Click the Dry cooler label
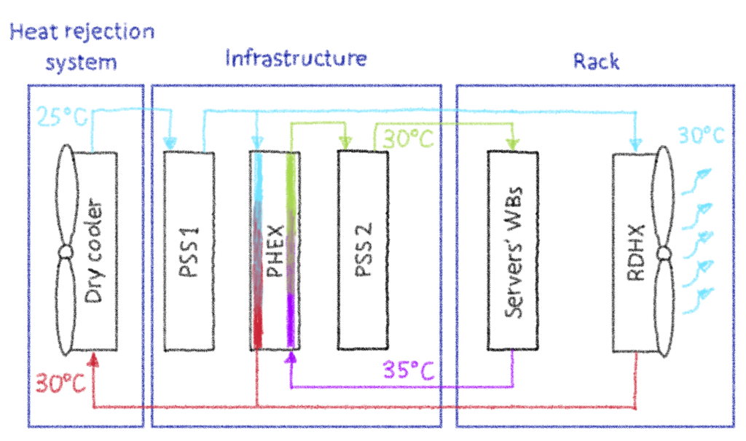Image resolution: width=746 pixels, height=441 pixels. (93, 251)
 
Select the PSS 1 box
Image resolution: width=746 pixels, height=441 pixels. (189, 251)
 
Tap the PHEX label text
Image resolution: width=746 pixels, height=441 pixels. (275, 251)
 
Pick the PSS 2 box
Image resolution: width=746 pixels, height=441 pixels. (363, 250)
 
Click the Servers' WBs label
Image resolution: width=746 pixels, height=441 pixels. (514, 252)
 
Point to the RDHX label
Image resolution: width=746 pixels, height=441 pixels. (636, 253)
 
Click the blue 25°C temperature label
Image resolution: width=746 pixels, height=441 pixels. (62, 116)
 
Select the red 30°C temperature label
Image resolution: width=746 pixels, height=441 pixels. (60, 383)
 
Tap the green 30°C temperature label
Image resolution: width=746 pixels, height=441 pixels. (408, 138)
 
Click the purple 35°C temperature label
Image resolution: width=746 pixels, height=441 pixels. (409, 370)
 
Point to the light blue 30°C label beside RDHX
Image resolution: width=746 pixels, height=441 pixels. (701, 136)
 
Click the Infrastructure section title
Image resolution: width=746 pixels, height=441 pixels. (296, 58)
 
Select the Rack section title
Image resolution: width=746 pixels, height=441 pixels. (596, 61)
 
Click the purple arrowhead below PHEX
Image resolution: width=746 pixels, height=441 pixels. (291, 358)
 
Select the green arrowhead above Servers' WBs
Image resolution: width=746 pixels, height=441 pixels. (512, 144)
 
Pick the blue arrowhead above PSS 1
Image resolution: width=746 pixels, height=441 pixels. (170, 143)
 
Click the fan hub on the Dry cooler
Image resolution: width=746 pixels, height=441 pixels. (66, 252)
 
